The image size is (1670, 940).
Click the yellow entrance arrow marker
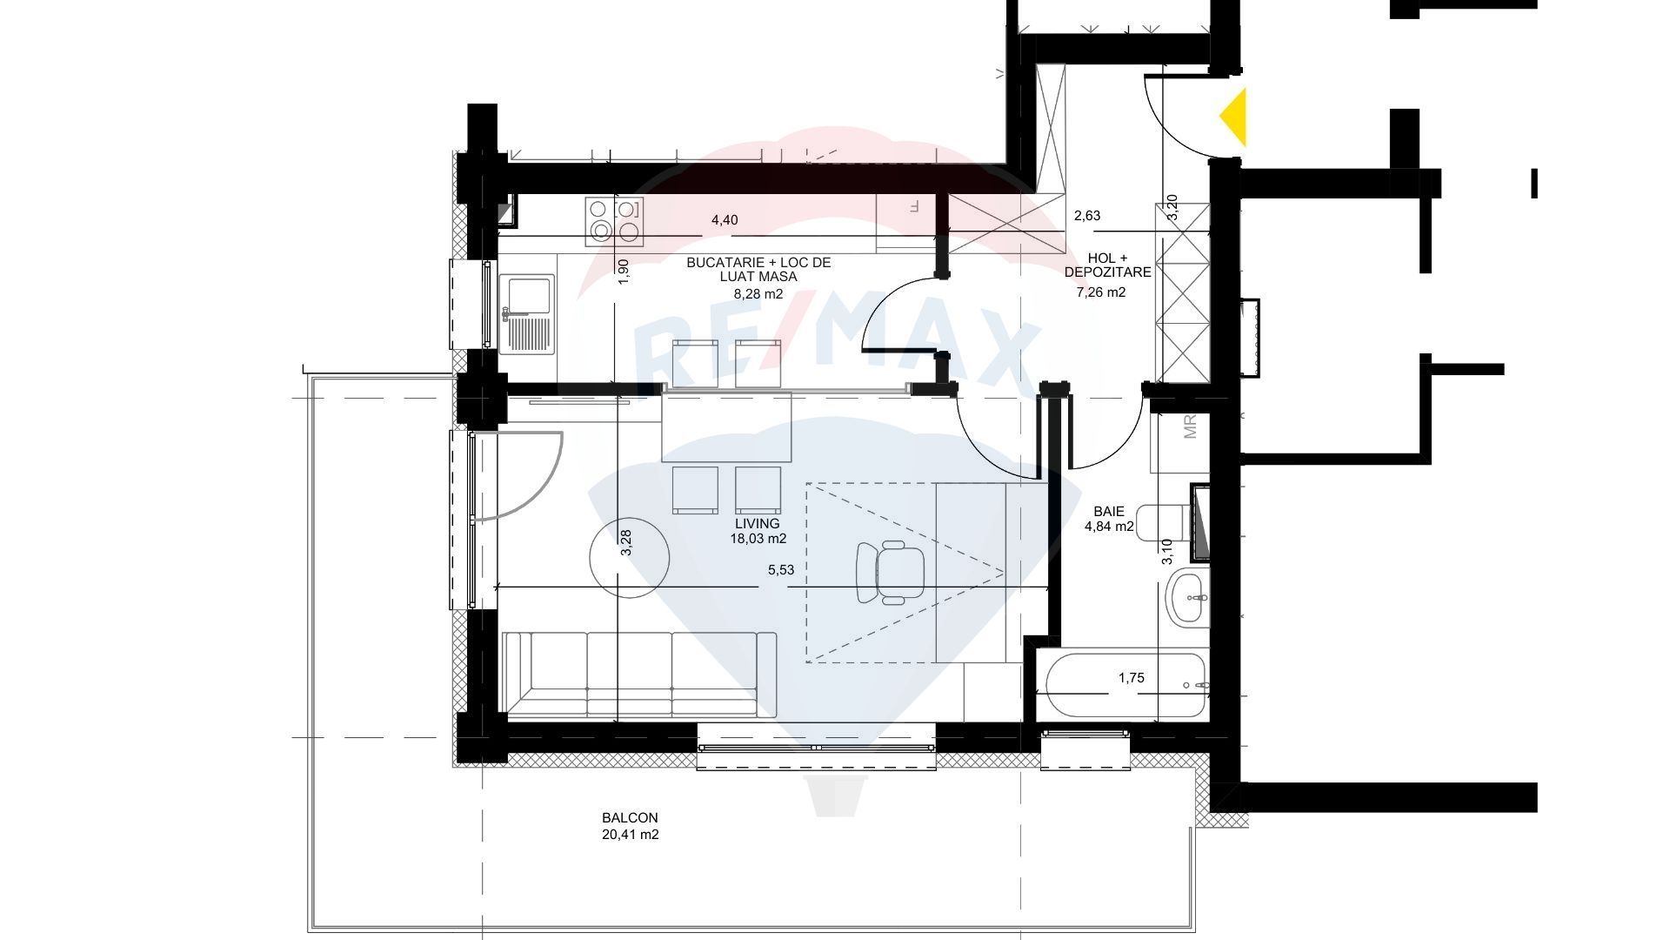1235,117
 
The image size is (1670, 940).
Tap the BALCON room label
630,818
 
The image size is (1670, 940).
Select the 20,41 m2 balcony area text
630,835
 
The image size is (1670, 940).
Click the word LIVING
758,523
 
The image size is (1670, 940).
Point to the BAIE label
1109,512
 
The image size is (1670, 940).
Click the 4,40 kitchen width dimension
725,220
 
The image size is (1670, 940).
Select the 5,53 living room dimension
780,570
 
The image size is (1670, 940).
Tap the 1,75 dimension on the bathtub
1132,678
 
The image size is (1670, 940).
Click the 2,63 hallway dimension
1087,216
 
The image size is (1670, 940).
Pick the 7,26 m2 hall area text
1101,292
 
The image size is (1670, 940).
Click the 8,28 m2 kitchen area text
758,294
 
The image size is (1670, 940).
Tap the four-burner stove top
615,219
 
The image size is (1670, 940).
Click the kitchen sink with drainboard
527,313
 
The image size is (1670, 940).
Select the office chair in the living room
891,572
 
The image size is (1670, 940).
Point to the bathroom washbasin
1186,598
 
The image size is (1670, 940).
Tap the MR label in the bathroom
1191,426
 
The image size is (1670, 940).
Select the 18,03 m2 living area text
758,539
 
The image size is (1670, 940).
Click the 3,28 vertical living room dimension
625,543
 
